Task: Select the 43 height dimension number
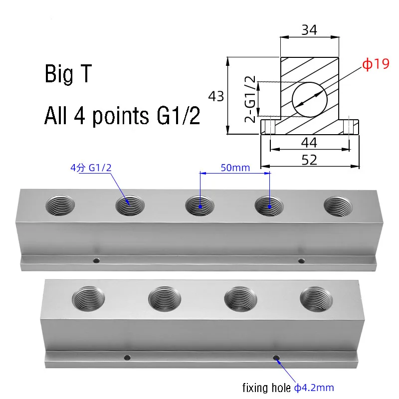216,96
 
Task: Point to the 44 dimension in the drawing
309,143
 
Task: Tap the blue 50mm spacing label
234,168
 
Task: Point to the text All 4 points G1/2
122,116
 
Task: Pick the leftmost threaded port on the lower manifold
88,299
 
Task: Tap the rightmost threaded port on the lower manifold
316,299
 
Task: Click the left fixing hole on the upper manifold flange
97,260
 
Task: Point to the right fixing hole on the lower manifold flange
276,358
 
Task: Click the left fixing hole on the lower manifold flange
128,357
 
